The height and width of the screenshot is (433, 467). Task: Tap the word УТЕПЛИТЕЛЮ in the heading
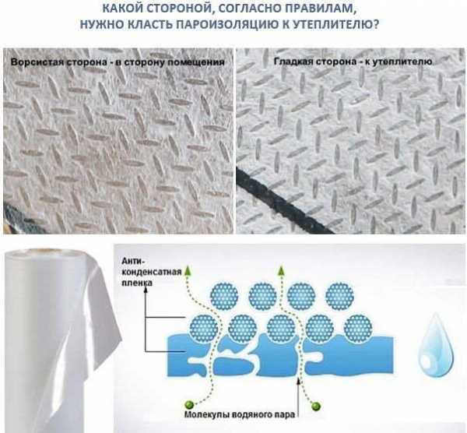pyautogui.click(x=336, y=24)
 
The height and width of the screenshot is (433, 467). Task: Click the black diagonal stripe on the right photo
pyautogui.click(x=285, y=200)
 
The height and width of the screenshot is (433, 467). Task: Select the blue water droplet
pyautogui.click(x=435, y=345)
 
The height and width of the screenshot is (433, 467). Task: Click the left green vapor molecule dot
pyautogui.click(x=189, y=404)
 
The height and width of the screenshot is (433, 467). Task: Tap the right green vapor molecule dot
pyautogui.click(x=316, y=406)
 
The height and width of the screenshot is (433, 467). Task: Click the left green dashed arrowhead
pyautogui.click(x=188, y=270)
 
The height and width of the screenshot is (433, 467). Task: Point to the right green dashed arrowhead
pyautogui.click(x=281, y=270)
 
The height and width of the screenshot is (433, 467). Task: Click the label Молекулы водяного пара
pyautogui.click(x=240, y=414)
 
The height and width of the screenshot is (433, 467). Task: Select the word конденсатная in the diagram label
pyautogui.click(x=152, y=272)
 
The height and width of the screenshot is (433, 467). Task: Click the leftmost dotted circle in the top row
pyautogui.click(x=224, y=297)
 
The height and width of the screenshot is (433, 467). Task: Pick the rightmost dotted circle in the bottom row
pyautogui.click(x=358, y=329)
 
